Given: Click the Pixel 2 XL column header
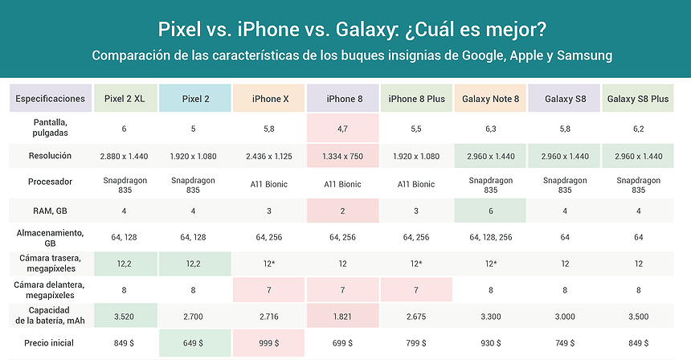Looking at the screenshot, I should click(125, 99).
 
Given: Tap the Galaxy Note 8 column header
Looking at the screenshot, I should click(490, 99).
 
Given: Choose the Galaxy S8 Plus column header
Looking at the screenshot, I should click(638, 99).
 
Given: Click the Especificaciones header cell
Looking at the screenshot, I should click(50, 99).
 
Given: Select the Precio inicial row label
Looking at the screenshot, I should click(50, 344).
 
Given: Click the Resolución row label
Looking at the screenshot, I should click(50, 155).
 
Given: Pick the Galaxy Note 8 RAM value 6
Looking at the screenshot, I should click(490, 211).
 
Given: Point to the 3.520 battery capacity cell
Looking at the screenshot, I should click(125, 317).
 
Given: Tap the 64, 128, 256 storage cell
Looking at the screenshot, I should click(490, 238).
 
